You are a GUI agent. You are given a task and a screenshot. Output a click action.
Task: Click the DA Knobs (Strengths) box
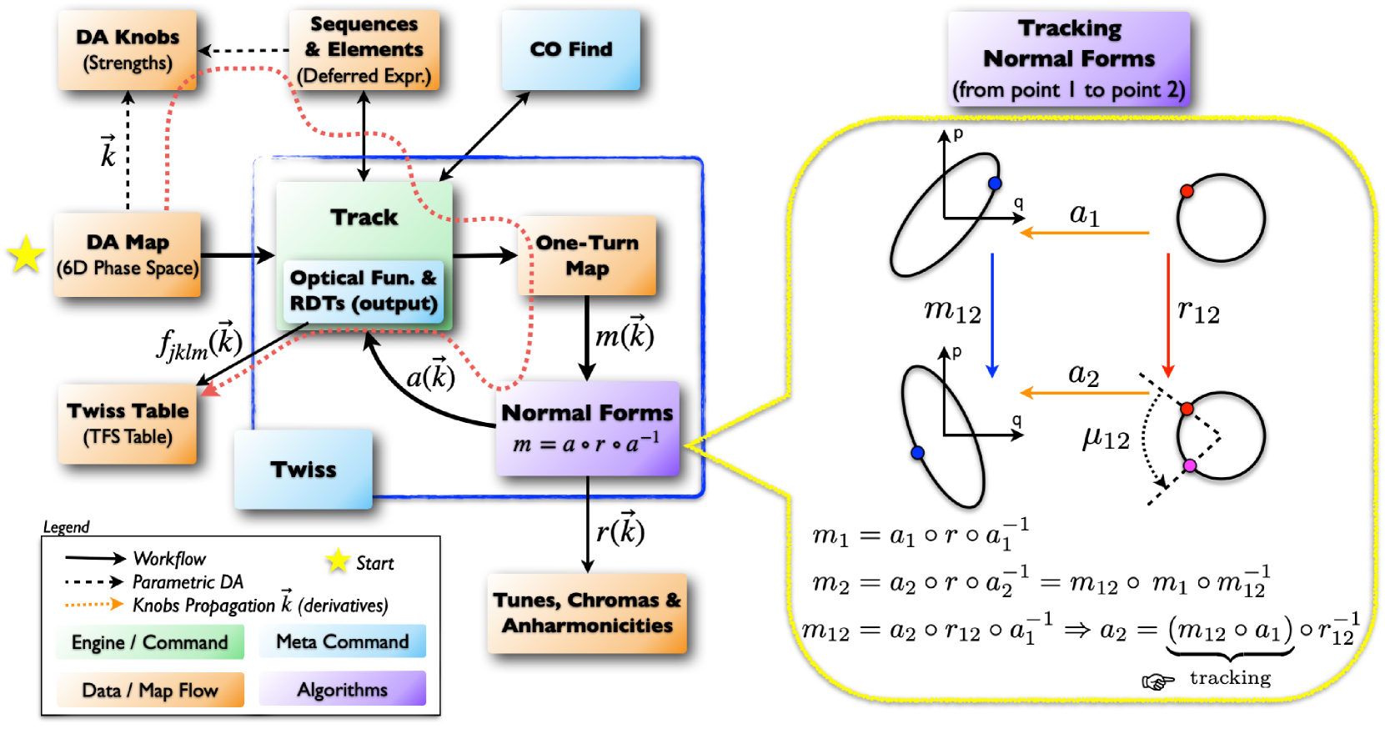127,49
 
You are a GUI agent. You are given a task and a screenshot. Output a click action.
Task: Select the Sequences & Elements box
364,50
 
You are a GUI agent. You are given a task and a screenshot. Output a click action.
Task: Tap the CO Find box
570,49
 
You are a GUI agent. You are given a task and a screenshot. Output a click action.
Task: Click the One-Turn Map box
587,255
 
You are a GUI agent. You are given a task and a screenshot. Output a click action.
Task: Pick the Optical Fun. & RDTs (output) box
363,290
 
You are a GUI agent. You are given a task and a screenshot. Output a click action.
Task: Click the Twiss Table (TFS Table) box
128,424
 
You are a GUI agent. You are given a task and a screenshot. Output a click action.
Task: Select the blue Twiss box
304,469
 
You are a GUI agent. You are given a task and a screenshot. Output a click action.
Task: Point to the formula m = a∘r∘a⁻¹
586,443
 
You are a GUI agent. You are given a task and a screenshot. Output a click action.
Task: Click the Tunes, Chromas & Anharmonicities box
587,613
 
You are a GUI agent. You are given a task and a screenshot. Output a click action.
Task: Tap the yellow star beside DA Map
27,254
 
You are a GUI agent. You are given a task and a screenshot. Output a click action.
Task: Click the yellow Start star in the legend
338,561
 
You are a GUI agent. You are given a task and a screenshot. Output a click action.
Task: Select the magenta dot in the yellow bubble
1190,465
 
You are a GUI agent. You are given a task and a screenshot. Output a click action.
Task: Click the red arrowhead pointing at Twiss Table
210,388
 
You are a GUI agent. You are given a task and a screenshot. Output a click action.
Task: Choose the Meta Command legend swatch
343,641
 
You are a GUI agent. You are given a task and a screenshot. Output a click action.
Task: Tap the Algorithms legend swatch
343,689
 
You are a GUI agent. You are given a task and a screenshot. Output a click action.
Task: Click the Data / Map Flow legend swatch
150,690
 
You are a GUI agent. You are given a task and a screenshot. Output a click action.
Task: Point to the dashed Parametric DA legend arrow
93,582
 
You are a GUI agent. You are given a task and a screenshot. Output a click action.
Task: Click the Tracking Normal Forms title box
1069,58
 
